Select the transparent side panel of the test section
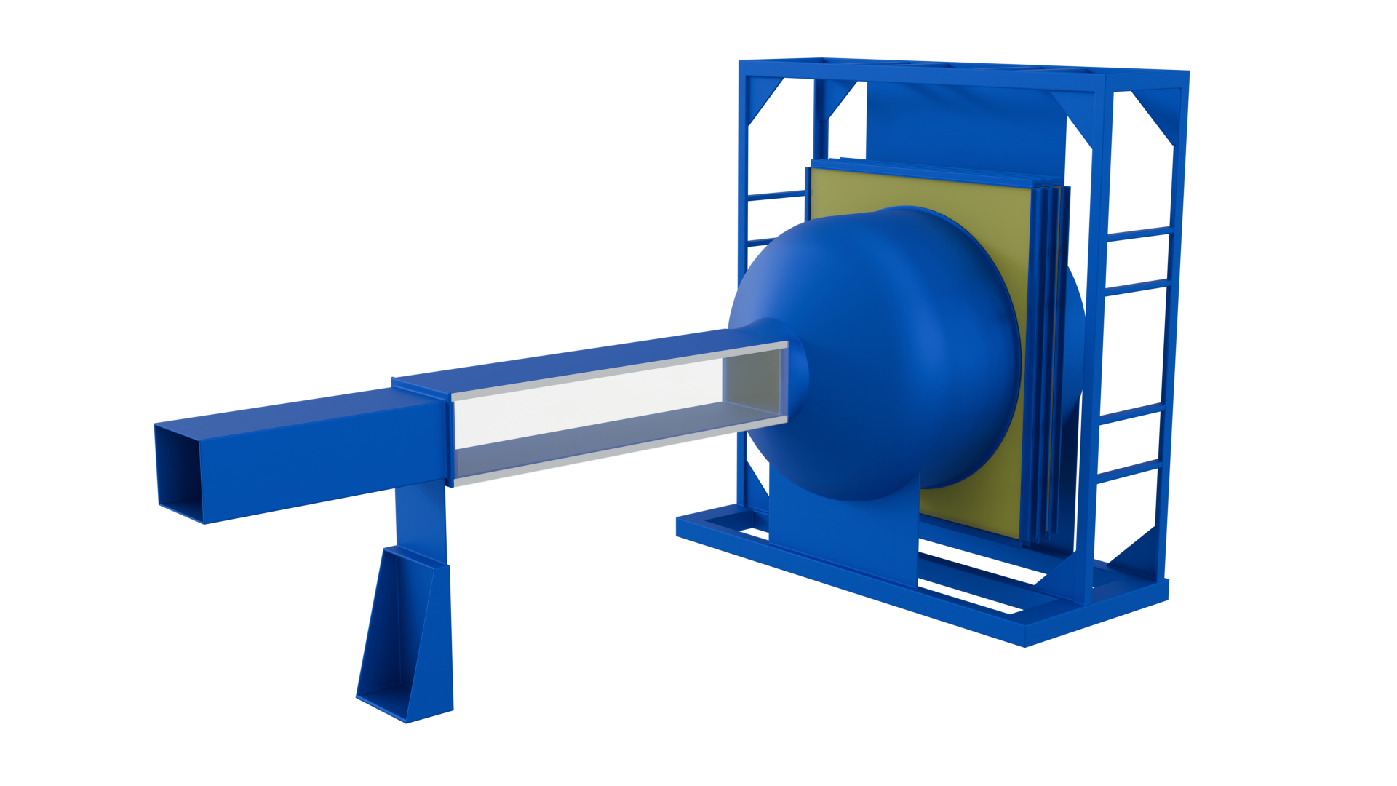click(x=582, y=415)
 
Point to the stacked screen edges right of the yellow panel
click(x=1048, y=364)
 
